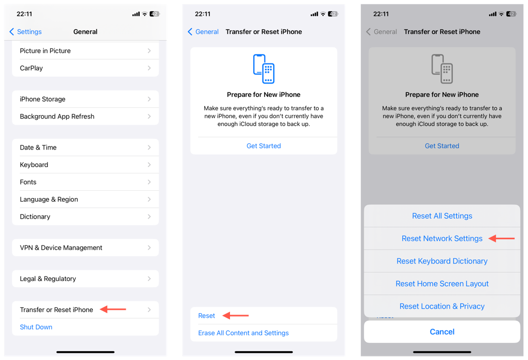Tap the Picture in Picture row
tap(85, 51)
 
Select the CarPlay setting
tap(85, 68)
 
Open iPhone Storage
tap(85, 99)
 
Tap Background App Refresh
tap(85, 117)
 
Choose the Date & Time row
tap(85, 148)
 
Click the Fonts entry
tap(85, 182)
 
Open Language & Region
tap(85, 200)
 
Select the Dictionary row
tap(85, 217)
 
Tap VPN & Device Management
tap(85, 248)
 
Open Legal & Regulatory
tap(85, 279)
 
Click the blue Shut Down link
tap(36, 327)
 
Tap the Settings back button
tap(26, 32)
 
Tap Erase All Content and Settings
tap(243, 333)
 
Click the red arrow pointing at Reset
tap(236, 316)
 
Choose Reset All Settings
tap(442, 216)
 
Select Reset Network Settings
tap(442, 239)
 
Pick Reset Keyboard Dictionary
tap(442, 261)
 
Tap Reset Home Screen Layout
tap(442, 284)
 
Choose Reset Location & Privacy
tap(442, 306)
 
